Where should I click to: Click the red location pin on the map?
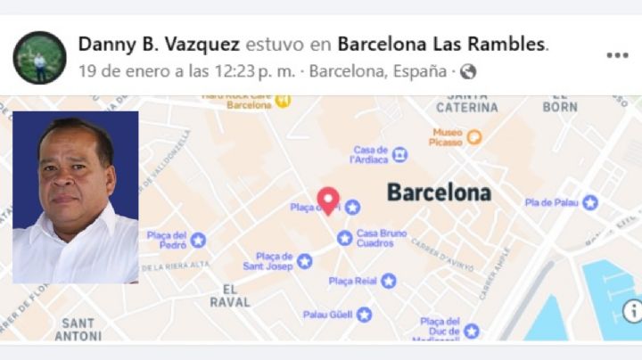coord(328,199)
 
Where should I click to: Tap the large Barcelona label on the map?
coord(439,192)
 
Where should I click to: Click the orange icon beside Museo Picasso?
coord(474,137)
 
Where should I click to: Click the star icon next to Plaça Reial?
coord(388,281)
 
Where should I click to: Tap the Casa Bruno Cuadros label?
coord(382,238)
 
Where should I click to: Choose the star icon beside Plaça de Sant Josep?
coord(304,261)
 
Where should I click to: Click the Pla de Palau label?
coord(553,202)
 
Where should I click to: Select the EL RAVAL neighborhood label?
coord(230,295)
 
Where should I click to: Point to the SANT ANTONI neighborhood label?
coord(78,329)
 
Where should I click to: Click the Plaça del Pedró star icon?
coord(198,240)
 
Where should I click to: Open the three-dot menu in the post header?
coord(617,55)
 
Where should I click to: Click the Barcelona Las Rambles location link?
coord(442,44)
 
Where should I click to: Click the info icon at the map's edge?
coord(632,311)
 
